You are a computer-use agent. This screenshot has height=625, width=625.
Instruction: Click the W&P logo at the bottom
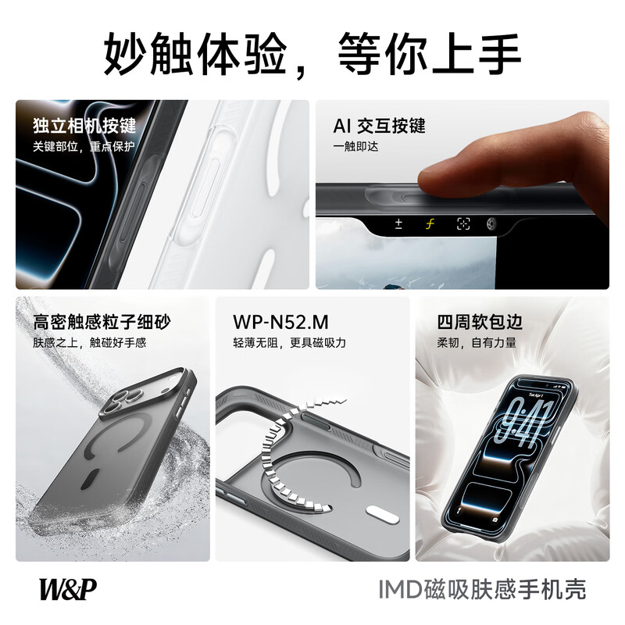click(70, 587)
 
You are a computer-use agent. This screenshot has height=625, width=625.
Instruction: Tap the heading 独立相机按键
click(84, 126)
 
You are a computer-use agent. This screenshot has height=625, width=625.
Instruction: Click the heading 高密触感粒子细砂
click(102, 322)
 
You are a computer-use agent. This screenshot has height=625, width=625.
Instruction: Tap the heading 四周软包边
click(480, 322)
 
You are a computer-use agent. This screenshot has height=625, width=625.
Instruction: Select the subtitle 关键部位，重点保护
click(84, 146)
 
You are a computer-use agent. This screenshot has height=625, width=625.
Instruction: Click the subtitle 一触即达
click(355, 146)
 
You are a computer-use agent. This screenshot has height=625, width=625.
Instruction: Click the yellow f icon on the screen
click(429, 224)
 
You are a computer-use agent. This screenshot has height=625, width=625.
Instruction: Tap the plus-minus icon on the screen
click(398, 224)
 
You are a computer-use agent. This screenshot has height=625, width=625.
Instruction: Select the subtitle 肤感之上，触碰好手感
click(89, 342)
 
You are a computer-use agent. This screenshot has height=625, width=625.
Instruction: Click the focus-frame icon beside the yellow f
click(463, 224)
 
